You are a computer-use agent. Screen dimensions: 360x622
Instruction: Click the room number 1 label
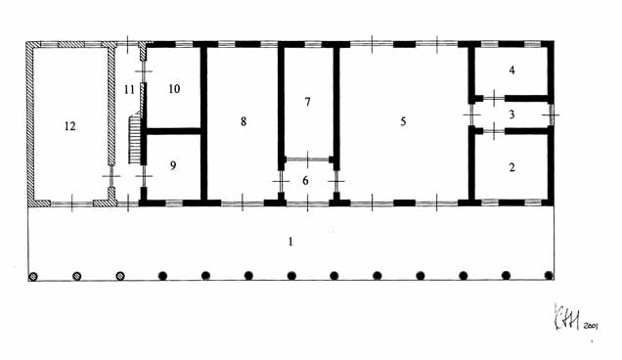289,241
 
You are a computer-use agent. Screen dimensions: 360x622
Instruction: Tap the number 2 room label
511,167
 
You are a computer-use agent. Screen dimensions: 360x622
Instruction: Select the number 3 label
511,114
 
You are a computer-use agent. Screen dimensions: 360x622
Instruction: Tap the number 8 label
243,120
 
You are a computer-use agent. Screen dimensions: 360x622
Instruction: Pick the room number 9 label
172,166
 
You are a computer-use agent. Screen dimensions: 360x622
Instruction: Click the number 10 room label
174,89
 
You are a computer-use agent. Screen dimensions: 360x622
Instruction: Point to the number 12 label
68,125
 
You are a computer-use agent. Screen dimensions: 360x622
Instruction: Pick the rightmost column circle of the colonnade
549,276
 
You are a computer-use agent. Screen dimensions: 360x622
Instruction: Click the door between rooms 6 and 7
308,157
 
